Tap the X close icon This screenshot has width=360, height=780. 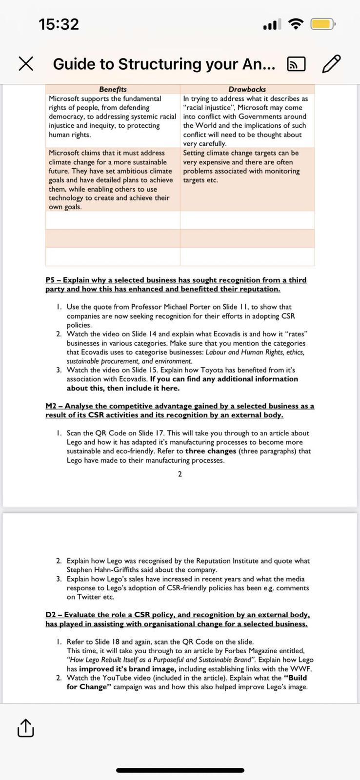point(26,64)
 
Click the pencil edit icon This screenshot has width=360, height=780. point(331,64)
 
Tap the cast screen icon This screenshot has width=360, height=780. point(296,64)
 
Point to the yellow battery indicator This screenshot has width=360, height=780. point(322,24)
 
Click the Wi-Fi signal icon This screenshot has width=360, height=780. point(295,24)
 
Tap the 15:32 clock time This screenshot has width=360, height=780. point(59,24)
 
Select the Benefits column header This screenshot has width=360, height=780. point(113,89)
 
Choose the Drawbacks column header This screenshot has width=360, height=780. point(247,89)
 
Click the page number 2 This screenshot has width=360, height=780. point(180,474)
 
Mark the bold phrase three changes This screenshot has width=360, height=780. point(211,451)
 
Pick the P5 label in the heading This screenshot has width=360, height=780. point(50,280)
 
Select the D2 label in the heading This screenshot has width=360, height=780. point(51,615)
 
